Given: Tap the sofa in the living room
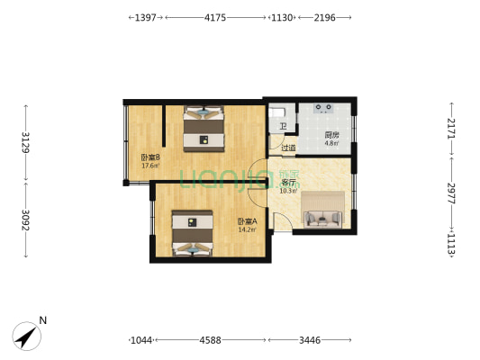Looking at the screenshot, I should click(x=322, y=216).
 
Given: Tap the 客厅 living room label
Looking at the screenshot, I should click(x=288, y=182).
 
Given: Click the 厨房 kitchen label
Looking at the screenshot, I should click(x=331, y=135).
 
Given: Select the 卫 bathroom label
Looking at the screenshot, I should click(x=282, y=127).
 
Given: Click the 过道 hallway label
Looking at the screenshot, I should click(x=288, y=148).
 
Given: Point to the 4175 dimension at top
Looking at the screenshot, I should click(x=215, y=17).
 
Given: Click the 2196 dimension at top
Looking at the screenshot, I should click(x=325, y=17).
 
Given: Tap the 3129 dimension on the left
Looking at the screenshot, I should click(x=25, y=144).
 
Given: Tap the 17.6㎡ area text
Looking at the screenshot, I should click(x=149, y=166).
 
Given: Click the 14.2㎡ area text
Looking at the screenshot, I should click(x=247, y=229).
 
